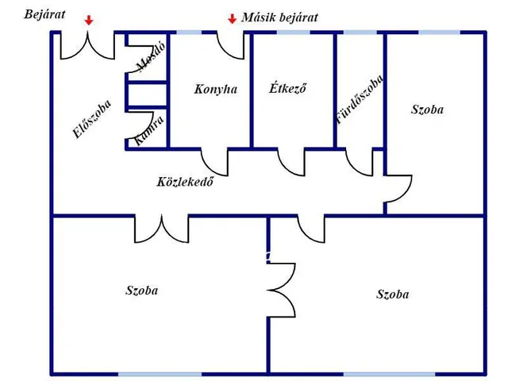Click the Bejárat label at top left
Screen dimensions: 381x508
[45, 14]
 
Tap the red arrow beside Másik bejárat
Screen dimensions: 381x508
[232, 18]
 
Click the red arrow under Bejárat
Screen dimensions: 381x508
[89, 19]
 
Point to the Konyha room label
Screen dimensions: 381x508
[215, 90]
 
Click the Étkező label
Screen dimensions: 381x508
[287, 89]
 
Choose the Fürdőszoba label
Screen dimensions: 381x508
[360, 99]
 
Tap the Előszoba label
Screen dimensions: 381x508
[91, 120]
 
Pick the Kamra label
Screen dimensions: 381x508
[149, 130]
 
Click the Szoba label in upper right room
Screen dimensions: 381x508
[427, 110]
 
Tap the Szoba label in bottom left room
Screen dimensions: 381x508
[142, 291]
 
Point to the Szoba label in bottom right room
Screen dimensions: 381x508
[393, 294]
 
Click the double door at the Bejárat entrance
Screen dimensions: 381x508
[89, 46]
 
